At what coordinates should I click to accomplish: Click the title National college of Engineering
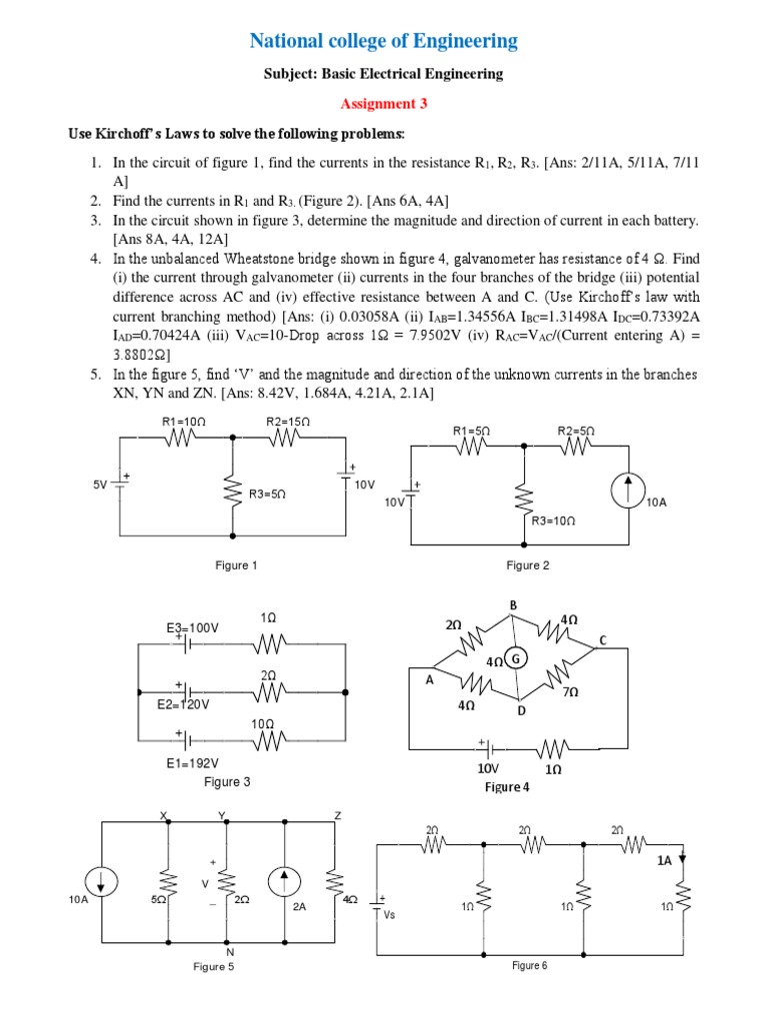pyautogui.click(x=383, y=41)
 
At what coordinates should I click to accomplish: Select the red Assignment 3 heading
pyautogui.click(x=383, y=103)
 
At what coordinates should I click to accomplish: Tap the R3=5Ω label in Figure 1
pyautogui.click(x=268, y=494)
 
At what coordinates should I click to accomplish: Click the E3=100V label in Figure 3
pyautogui.click(x=192, y=627)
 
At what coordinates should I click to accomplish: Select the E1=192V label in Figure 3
pyautogui.click(x=192, y=762)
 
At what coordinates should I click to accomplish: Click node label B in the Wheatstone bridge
pyautogui.click(x=513, y=605)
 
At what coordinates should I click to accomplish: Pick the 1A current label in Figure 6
pyautogui.click(x=664, y=858)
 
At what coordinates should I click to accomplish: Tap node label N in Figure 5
pyautogui.click(x=229, y=952)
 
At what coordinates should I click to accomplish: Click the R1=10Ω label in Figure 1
pyautogui.click(x=183, y=422)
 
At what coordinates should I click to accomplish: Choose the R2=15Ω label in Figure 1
pyautogui.click(x=288, y=422)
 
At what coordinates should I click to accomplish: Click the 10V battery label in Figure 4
pyautogui.click(x=488, y=770)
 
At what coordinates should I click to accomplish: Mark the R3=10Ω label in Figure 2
pyautogui.click(x=553, y=520)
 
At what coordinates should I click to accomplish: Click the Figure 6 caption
pyautogui.click(x=530, y=965)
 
